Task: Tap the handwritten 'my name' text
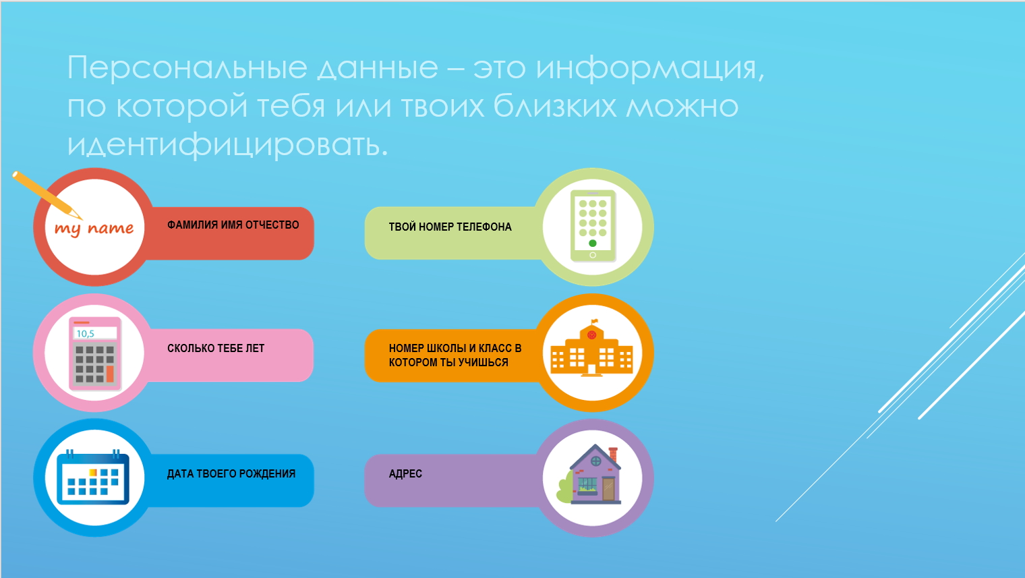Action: click(94, 229)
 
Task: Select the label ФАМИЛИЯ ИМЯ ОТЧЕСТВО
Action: click(233, 225)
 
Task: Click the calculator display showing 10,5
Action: click(95, 333)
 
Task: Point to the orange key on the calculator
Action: click(110, 374)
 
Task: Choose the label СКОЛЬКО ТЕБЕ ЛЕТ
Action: click(216, 348)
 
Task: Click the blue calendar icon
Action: click(93, 477)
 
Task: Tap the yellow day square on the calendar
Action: click(92, 472)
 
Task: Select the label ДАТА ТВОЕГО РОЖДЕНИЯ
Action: click(231, 473)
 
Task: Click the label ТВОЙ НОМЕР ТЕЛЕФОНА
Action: click(450, 227)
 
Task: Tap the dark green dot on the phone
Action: click(593, 243)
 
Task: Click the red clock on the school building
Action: click(591, 335)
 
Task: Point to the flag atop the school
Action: click(594, 321)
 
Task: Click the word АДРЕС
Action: click(405, 473)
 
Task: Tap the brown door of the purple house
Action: click(608, 488)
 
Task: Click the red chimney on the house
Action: click(613, 454)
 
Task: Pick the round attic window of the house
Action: click(595, 461)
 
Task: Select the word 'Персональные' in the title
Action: click(187, 67)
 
